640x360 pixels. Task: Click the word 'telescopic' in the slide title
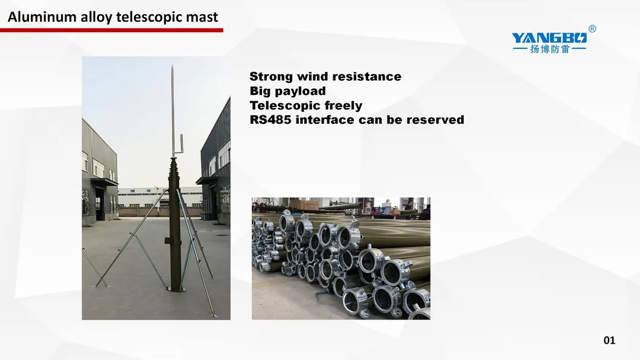[x=149, y=17]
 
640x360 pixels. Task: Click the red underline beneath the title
[x=112, y=30]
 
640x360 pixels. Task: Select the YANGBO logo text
[x=549, y=38]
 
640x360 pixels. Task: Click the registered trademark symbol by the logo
[x=592, y=28]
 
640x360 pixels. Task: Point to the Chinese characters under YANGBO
[x=549, y=50]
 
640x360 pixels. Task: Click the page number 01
[x=609, y=340]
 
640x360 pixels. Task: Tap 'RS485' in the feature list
[x=270, y=120]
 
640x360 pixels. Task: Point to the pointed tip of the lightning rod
[x=172, y=66]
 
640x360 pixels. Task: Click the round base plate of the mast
[x=176, y=289]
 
